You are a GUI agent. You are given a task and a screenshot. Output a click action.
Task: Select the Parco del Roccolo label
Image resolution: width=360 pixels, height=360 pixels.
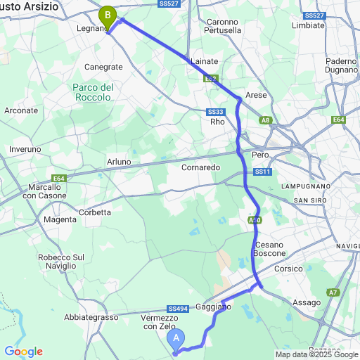point(92,92)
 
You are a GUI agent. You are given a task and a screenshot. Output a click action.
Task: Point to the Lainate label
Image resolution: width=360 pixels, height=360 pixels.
point(205,61)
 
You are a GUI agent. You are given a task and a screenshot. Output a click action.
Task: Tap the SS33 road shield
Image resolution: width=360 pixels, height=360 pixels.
point(215,112)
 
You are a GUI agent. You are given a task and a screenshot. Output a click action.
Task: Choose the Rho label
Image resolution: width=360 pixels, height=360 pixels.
point(218,121)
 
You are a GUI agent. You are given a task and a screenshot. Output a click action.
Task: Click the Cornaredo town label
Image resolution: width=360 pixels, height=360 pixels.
point(201,167)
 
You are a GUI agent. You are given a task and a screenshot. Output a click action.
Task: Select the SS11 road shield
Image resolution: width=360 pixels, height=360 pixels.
point(263,172)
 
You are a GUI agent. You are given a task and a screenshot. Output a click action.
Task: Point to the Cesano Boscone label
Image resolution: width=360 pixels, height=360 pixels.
point(268,248)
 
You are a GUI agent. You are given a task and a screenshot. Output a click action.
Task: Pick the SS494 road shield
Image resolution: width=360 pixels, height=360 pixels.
point(178,309)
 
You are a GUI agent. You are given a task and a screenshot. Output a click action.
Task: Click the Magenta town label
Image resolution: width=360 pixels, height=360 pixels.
point(60,220)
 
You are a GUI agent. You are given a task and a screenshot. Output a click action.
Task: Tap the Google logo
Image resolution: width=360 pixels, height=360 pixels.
point(23,352)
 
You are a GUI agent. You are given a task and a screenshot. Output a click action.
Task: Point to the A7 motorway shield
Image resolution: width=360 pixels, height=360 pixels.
point(333,292)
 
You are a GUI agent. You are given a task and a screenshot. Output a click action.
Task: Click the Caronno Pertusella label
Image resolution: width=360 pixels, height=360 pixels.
point(224,26)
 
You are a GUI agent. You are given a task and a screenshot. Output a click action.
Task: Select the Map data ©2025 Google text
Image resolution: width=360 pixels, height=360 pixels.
point(316,354)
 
